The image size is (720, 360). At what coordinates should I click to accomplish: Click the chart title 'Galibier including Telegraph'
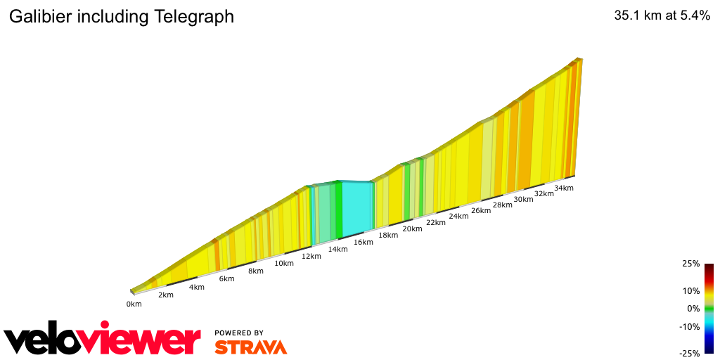pyautogui.click(x=121, y=17)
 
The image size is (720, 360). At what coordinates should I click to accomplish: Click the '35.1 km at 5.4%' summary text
pyautogui.click(x=662, y=15)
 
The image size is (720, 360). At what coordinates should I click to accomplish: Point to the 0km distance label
pyautogui.click(x=134, y=304)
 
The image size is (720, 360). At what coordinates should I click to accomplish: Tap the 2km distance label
pyautogui.click(x=165, y=295)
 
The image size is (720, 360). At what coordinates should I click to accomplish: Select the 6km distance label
pyautogui.click(x=226, y=278)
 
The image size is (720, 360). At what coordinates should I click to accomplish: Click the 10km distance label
pyautogui.click(x=283, y=263)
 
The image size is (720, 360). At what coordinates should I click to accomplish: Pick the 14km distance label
pyautogui.click(x=337, y=249)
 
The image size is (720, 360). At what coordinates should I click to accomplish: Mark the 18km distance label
pyautogui.click(x=387, y=235)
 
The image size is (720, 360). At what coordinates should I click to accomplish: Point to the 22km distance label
pyautogui.click(x=435, y=222)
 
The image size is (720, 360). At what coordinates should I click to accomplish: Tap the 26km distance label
pyautogui.click(x=480, y=210)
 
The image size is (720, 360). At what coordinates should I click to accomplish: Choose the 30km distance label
pyautogui.click(x=522, y=199)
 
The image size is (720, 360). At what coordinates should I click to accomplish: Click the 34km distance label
pyautogui.click(x=563, y=188)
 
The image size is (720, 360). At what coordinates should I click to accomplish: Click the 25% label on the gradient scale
pyautogui.click(x=690, y=264)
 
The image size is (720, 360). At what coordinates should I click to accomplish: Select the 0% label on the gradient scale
pyautogui.click(x=693, y=308)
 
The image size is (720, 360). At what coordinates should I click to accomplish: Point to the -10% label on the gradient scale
pyautogui.click(x=689, y=326)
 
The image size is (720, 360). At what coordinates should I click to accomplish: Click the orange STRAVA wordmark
pyautogui.click(x=250, y=347)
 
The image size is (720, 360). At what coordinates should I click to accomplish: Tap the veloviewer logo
pyautogui.click(x=102, y=340)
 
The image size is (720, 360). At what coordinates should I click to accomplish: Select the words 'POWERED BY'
pyautogui.click(x=239, y=333)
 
